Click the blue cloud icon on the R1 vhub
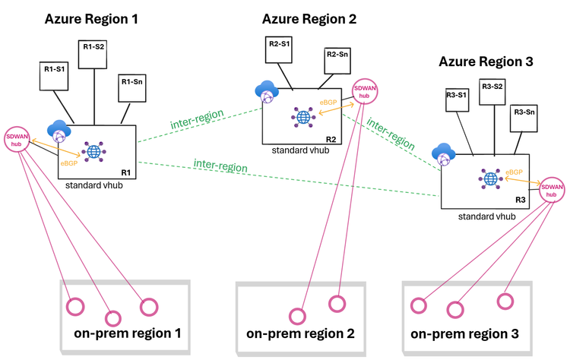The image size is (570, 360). tap(59, 129)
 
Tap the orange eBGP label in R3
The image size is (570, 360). tap(515, 173)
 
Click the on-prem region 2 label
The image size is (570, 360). tap(300, 333)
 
